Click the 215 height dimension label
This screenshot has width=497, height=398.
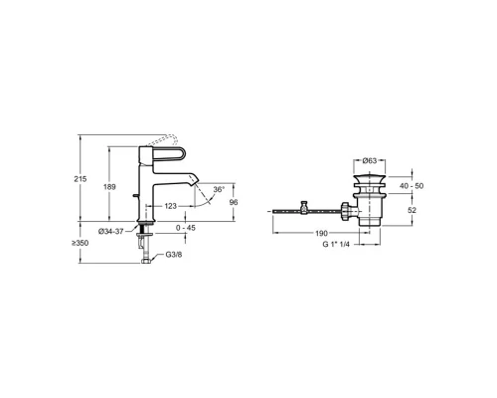pos(81,179)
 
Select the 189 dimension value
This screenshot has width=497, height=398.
pos(109,187)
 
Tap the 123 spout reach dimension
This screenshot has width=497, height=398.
pos(171,206)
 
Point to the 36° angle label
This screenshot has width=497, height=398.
pos(219,189)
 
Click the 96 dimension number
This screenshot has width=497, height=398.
pos(234,202)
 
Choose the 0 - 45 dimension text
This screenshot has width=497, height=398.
pos(186,228)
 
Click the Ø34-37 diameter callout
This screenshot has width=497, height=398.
pos(111,232)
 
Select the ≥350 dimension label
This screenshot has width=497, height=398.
pos(80,243)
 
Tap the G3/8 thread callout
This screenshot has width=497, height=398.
pos(174,255)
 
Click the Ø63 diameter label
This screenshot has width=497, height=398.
pos(370,161)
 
